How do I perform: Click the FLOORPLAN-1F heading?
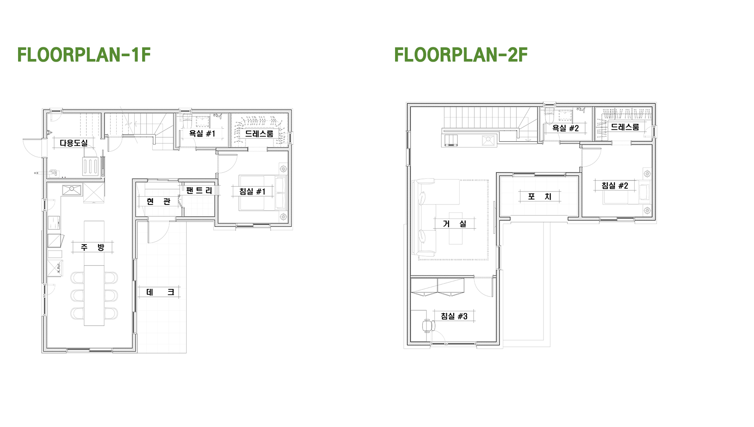point(84,55)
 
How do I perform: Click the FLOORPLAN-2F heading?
point(461,55)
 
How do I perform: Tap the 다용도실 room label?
point(73,143)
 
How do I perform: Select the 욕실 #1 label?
point(202,134)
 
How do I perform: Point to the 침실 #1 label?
point(253,191)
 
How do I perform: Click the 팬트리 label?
point(199,191)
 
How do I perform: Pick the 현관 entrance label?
point(159,202)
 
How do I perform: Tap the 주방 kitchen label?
point(93,247)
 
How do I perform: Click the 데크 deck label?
point(160,292)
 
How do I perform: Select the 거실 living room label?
point(455,224)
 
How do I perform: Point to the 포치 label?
point(540,197)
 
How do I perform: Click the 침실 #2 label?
point(615,186)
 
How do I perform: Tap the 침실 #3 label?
point(454,316)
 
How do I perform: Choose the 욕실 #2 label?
point(565,128)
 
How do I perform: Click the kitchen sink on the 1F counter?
point(72,190)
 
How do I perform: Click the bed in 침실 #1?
point(262,193)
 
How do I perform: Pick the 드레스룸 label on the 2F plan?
point(625,127)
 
